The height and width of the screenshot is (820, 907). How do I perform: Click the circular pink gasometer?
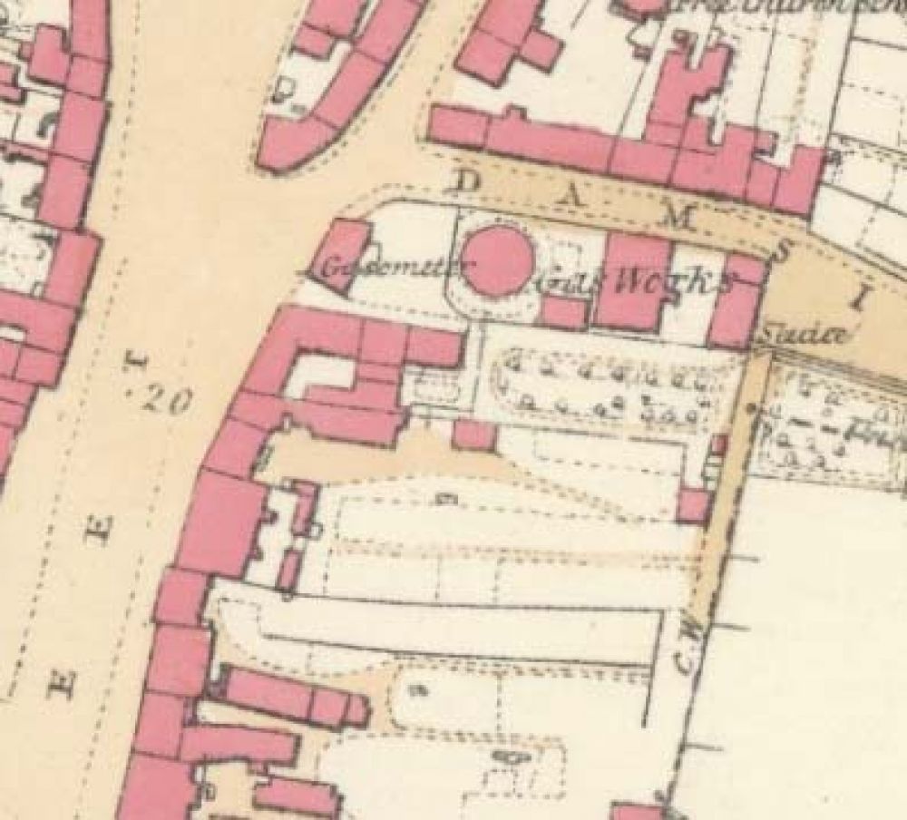(498, 259)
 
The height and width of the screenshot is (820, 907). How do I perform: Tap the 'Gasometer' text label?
(382, 268)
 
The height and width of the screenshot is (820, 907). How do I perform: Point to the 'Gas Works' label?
(635, 281)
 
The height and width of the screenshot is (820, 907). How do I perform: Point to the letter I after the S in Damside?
(862, 297)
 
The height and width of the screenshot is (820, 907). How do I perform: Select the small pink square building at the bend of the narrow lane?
(693, 504)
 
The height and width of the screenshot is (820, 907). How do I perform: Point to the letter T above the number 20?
(137, 366)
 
